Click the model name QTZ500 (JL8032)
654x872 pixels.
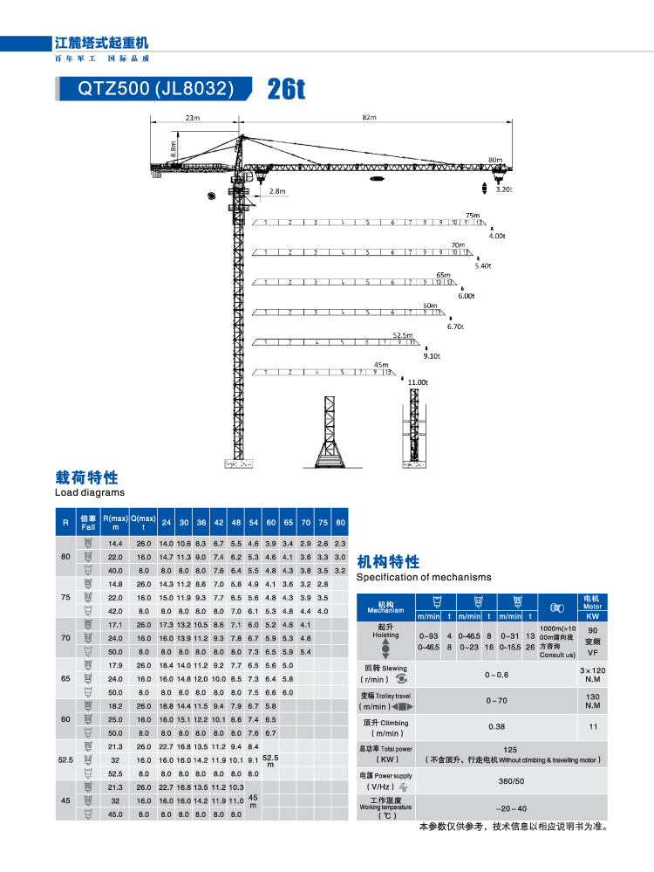click(x=156, y=88)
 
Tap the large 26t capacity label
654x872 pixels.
click(x=286, y=88)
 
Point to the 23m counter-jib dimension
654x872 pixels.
click(x=193, y=117)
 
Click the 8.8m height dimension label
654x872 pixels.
click(x=174, y=148)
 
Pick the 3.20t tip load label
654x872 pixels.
click(x=503, y=189)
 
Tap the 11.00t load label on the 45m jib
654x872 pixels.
click(x=418, y=382)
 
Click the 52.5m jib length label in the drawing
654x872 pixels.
click(x=402, y=335)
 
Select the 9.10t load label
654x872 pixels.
click(x=432, y=356)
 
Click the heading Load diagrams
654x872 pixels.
click(x=90, y=493)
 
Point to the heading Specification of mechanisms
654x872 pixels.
click(x=424, y=577)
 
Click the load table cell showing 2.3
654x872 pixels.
click(x=340, y=544)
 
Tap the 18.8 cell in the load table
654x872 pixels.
click(x=166, y=704)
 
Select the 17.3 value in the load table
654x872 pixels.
click(x=166, y=624)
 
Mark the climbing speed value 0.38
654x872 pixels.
click(x=497, y=726)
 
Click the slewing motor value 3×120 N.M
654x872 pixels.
click(x=593, y=673)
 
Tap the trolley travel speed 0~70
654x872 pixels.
click(x=497, y=700)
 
